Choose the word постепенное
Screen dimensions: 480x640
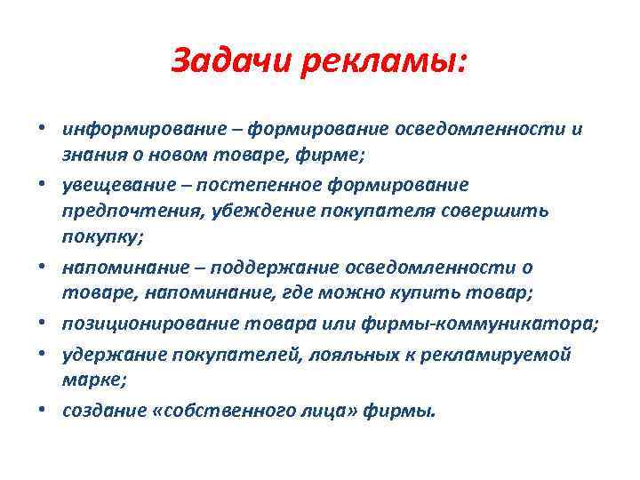click(x=264, y=184)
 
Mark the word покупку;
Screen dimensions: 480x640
click(x=95, y=239)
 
